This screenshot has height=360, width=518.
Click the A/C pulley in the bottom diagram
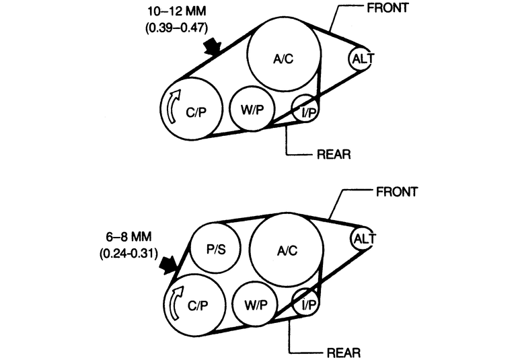click(287, 250)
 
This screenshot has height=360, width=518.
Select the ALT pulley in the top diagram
click(363, 59)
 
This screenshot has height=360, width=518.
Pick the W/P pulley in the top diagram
click(250, 109)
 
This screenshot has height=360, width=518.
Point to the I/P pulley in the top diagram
click(307, 110)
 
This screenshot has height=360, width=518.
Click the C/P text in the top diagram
click(196, 113)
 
